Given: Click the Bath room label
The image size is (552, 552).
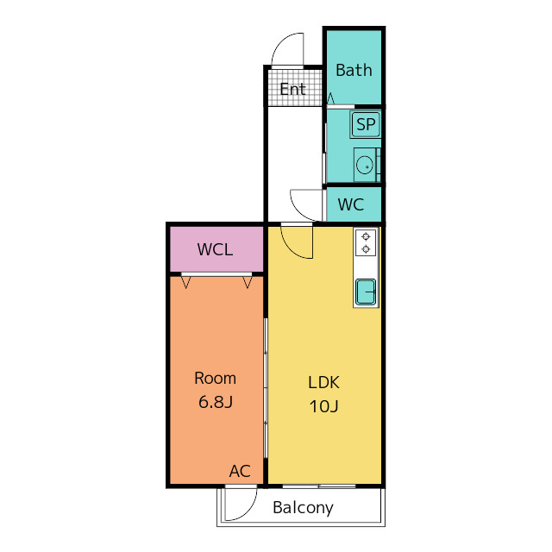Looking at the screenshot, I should click(354, 71).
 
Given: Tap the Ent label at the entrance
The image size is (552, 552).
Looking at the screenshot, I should click(292, 89).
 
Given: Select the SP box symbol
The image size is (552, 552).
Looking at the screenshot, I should click(365, 125).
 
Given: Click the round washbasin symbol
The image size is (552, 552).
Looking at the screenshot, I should click(365, 164).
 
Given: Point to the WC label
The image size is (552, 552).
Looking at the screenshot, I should click(350, 205).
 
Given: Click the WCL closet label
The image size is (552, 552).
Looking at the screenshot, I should click(215, 250).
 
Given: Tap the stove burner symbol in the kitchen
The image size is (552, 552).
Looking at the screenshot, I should click(366, 242).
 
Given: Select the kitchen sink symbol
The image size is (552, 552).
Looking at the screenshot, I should click(366, 292).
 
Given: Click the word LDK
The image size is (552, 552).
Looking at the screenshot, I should click(323, 382).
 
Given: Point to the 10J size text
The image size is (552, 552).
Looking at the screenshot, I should click(323, 405).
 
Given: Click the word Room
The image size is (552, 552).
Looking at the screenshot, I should click(215, 378).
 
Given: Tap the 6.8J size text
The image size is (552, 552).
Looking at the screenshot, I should click(215, 401).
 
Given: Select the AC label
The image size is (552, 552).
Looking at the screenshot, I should click(240, 471).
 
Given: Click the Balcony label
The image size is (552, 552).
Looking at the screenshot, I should click(303, 508).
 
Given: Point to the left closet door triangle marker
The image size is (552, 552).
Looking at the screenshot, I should click(185, 281).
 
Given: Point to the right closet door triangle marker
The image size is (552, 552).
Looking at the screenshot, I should click(248, 281).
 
